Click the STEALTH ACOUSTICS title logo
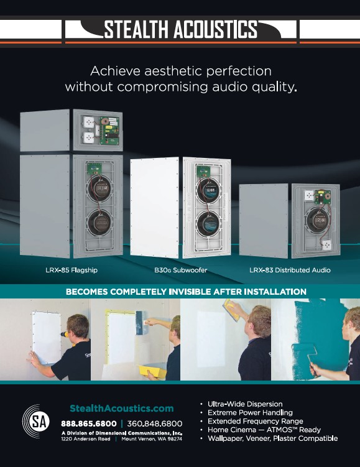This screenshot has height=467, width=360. pyautogui.click(x=180, y=29)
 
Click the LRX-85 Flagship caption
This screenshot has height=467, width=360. pyautogui.click(x=72, y=270)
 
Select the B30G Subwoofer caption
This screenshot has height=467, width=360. pyautogui.click(x=180, y=270)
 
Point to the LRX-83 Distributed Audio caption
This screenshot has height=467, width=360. pyautogui.click(x=290, y=270)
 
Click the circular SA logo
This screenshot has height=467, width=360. pyautogui.click(x=36, y=421)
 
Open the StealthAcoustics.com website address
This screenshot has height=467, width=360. pyautogui.click(x=121, y=409)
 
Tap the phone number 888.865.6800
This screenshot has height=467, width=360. pyautogui.click(x=89, y=423)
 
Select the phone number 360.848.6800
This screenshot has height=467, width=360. pyautogui.click(x=155, y=423)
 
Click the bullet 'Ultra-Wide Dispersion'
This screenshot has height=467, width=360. pyautogui.click(x=245, y=404)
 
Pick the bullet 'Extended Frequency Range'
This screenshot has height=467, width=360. pyautogui.click(x=255, y=421)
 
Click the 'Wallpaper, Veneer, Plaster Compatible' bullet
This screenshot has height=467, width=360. pyautogui.click(x=272, y=438)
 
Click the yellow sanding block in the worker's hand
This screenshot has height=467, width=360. pyautogui.click(x=231, y=310)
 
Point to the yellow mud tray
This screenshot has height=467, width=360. pyautogui.click(x=152, y=372)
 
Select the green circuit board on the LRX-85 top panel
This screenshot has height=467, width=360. pyautogui.click(x=109, y=130)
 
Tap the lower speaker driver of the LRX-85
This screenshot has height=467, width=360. pyautogui.click(x=99, y=222)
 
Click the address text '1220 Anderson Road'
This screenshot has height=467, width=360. pyautogui.click(x=86, y=439)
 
